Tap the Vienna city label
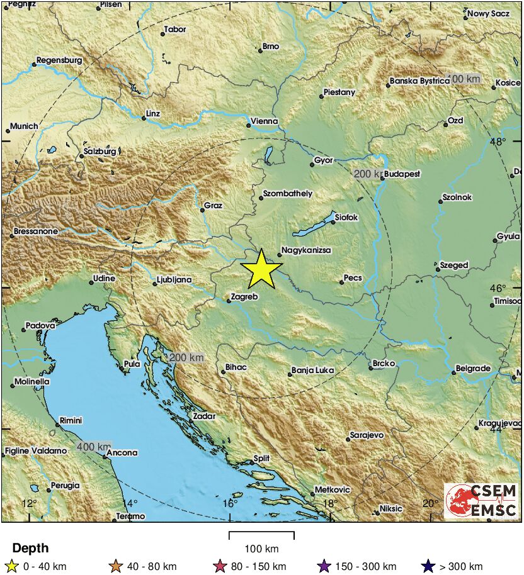click(264, 121)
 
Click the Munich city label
click(23, 126)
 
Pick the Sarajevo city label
click(366, 435)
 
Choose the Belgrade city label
click(472, 368)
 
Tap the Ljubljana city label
click(173, 280)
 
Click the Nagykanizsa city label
click(306, 250)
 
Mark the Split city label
click(261, 459)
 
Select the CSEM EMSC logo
click(482, 500)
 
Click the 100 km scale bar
click(261, 536)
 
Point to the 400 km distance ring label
click(94, 447)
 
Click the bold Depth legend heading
click(30, 548)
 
